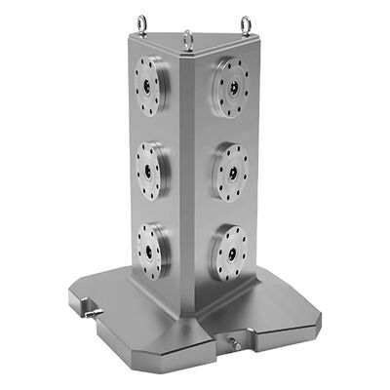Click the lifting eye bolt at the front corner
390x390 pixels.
(x=188, y=40)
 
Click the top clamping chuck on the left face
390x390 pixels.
(x=151, y=86)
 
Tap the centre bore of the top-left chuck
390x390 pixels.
(x=152, y=86)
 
